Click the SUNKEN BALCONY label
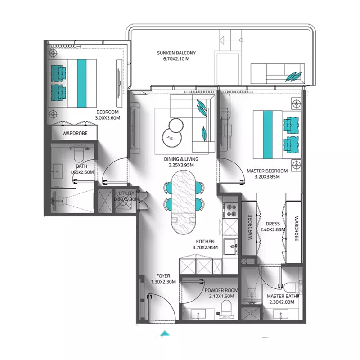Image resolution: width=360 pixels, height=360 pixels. tap(176, 54)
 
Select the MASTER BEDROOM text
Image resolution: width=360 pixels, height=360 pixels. tap(266, 171)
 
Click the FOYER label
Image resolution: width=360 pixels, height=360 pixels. tap(163, 276)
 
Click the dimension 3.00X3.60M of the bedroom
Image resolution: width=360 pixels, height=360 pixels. tap(108, 118)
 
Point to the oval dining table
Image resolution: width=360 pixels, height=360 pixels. tap(184, 204)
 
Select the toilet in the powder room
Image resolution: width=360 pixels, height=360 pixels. tap(228, 308)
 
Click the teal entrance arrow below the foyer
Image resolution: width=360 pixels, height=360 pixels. tap(166, 333)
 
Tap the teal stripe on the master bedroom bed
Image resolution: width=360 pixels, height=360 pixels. tap(267, 135)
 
